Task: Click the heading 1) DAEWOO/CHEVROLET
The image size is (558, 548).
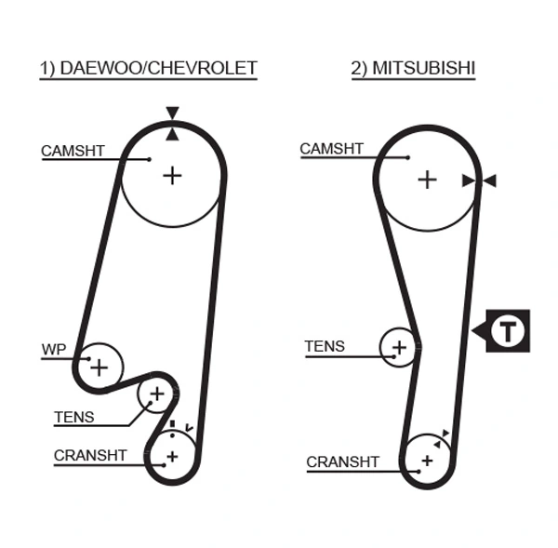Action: pyautogui.click(x=148, y=68)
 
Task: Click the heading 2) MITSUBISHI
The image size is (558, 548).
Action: pyautogui.click(x=414, y=68)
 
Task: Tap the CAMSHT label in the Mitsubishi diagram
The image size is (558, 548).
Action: pyautogui.click(x=331, y=149)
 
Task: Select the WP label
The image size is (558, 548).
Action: pyautogui.click(x=54, y=351)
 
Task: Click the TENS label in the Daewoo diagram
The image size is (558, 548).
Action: pyautogui.click(x=73, y=417)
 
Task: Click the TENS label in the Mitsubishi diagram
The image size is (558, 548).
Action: pyautogui.click(x=325, y=347)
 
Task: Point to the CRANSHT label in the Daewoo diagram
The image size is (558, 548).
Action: pyautogui.click(x=89, y=456)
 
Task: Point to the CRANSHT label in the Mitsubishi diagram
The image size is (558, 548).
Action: pyautogui.click(x=342, y=461)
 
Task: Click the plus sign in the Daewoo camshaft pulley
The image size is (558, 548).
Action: pyautogui.click(x=172, y=174)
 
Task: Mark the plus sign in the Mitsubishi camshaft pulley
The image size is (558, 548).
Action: pyautogui.click(x=426, y=179)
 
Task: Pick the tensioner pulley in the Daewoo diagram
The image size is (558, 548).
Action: pyautogui.click(x=156, y=395)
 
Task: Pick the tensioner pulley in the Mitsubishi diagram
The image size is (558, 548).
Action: pyautogui.click(x=399, y=347)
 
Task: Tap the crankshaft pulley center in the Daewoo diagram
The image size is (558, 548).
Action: pyautogui.click(x=171, y=456)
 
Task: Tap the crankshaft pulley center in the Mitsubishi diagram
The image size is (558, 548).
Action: pyautogui.click(x=427, y=461)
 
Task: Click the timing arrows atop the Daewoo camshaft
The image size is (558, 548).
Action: pyautogui.click(x=172, y=124)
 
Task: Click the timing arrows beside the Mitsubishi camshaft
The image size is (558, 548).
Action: pyautogui.click(x=479, y=180)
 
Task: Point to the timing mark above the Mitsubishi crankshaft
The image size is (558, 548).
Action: pyautogui.click(x=446, y=434)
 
